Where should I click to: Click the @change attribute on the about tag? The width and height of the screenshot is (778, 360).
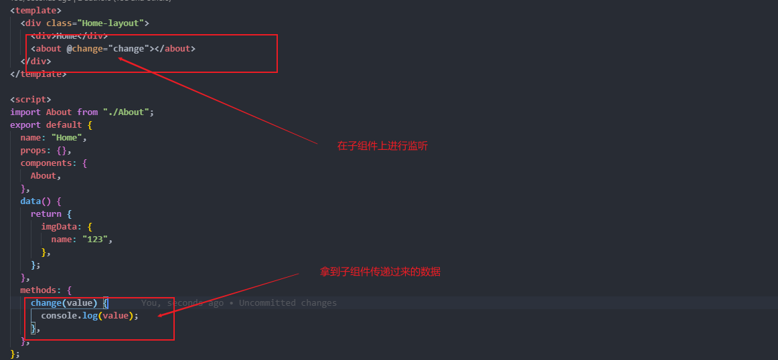click(x=85, y=48)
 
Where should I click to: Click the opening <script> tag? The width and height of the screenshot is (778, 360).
click(x=30, y=99)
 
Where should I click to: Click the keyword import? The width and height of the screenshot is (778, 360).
click(x=25, y=112)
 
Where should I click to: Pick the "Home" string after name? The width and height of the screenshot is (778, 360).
click(x=69, y=137)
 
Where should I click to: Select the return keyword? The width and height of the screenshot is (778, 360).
click(x=46, y=213)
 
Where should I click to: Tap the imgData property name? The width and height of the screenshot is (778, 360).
click(x=61, y=226)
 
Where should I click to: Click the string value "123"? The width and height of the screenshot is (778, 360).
click(x=94, y=239)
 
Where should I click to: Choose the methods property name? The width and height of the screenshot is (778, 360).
click(x=41, y=290)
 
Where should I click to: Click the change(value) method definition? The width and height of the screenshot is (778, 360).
click(x=64, y=302)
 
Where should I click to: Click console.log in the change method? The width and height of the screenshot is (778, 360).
click(x=67, y=315)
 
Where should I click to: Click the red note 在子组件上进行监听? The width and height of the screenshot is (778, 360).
click(x=382, y=145)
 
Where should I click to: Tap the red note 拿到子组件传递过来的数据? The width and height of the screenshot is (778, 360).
click(x=380, y=272)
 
